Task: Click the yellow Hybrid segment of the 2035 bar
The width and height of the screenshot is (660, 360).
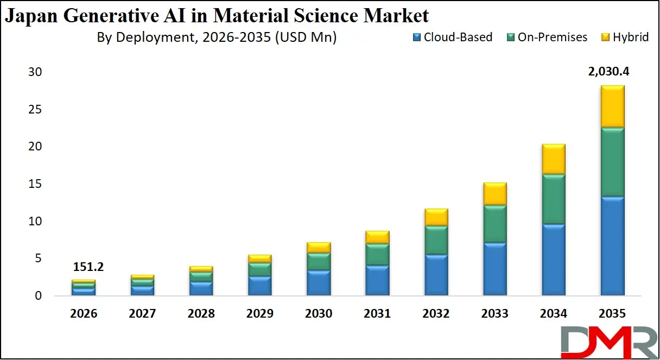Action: (x=612, y=106)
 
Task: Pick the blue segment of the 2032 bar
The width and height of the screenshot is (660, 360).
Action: (x=436, y=275)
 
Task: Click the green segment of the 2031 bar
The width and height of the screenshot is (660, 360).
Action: (x=378, y=254)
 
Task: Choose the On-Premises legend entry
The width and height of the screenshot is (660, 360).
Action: (x=547, y=37)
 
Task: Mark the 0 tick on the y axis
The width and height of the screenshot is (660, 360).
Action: (x=37, y=296)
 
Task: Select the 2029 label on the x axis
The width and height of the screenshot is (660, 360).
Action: (x=260, y=314)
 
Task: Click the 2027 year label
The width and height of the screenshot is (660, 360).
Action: (x=143, y=314)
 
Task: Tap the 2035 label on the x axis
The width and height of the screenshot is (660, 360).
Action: (x=612, y=314)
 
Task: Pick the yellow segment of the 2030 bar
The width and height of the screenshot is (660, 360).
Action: (x=319, y=247)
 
